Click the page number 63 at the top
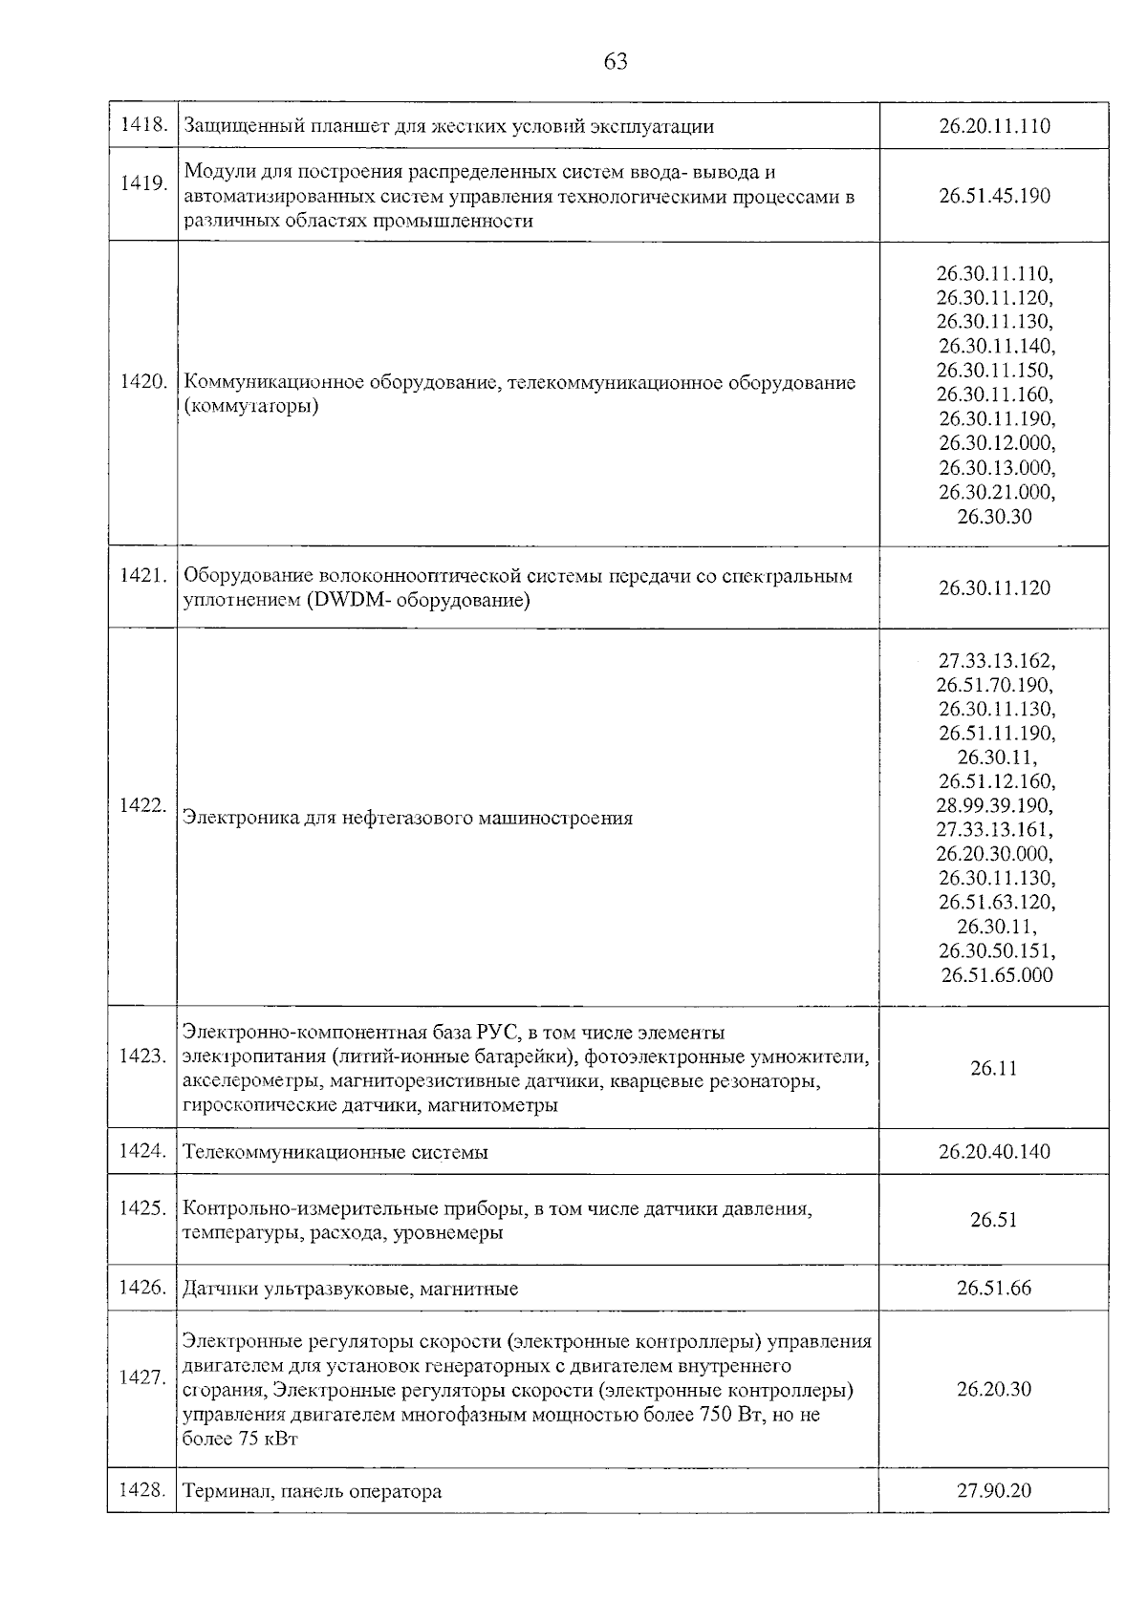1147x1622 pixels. click(x=616, y=62)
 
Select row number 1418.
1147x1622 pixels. click(x=143, y=125)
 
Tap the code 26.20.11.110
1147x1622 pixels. click(x=994, y=126)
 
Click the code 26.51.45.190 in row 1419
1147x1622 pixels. click(x=994, y=196)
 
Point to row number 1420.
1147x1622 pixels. click(x=143, y=382)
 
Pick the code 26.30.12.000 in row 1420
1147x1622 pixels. click(x=995, y=443)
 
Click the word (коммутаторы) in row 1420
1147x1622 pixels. click(x=250, y=407)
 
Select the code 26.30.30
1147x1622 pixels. click(x=994, y=517)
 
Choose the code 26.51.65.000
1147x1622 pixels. click(x=996, y=975)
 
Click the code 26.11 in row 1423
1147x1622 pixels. click(x=994, y=1069)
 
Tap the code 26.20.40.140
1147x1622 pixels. click(x=994, y=1152)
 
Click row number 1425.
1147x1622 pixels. click(x=143, y=1208)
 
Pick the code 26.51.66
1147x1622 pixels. click(x=994, y=1289)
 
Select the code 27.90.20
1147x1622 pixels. click(x=994, y=1490)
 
